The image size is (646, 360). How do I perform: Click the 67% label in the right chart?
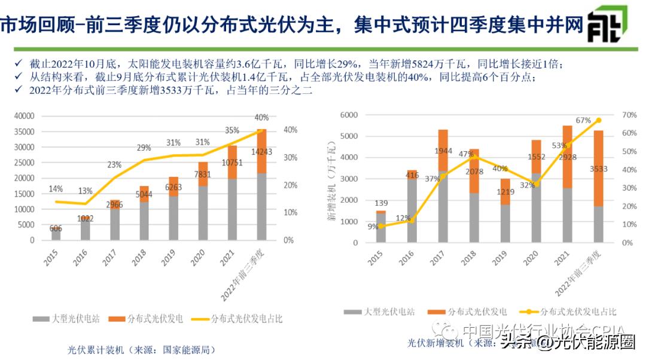coord(583,120)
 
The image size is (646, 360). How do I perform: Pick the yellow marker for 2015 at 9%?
coord(381,226)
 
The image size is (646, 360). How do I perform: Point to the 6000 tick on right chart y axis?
coord(349,115)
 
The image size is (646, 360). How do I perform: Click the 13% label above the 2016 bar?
coord(85,191)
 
